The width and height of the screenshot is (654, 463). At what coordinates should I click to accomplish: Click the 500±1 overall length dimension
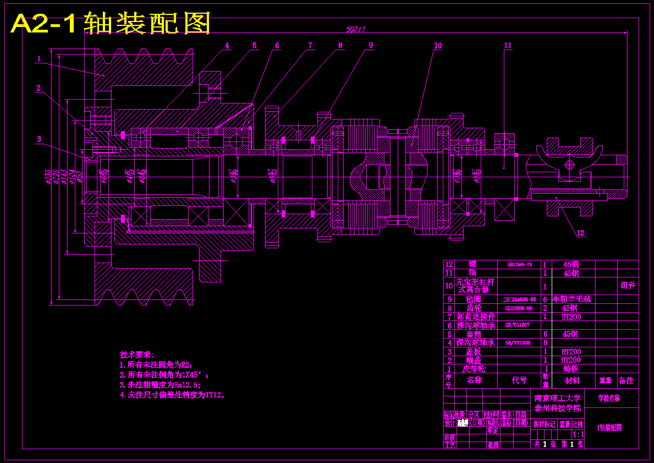[356, 29]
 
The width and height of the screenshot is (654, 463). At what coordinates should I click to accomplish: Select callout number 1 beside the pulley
[39, 58]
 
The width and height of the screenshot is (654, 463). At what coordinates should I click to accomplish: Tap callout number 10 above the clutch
[438, 46]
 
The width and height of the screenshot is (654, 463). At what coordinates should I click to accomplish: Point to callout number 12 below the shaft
[580, 233]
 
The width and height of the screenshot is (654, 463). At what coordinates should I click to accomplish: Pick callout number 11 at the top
[507, 46]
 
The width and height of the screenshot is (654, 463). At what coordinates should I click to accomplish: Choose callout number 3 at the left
[39, 139]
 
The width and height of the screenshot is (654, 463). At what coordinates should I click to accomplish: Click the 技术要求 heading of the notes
[137, 355]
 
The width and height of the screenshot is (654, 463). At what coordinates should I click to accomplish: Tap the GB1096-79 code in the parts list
[519, 264]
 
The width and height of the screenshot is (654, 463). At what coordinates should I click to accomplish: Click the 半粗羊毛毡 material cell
[571, 299]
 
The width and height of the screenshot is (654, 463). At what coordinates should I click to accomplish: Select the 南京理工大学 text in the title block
[557, 397]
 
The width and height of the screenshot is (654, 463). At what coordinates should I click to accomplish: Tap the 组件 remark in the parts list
[628, 285]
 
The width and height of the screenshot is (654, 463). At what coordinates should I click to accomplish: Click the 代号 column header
[519, 380]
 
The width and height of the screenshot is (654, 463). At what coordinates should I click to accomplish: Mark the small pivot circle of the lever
[569, 164]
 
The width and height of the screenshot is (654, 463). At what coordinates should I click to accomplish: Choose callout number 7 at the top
[310, 46]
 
